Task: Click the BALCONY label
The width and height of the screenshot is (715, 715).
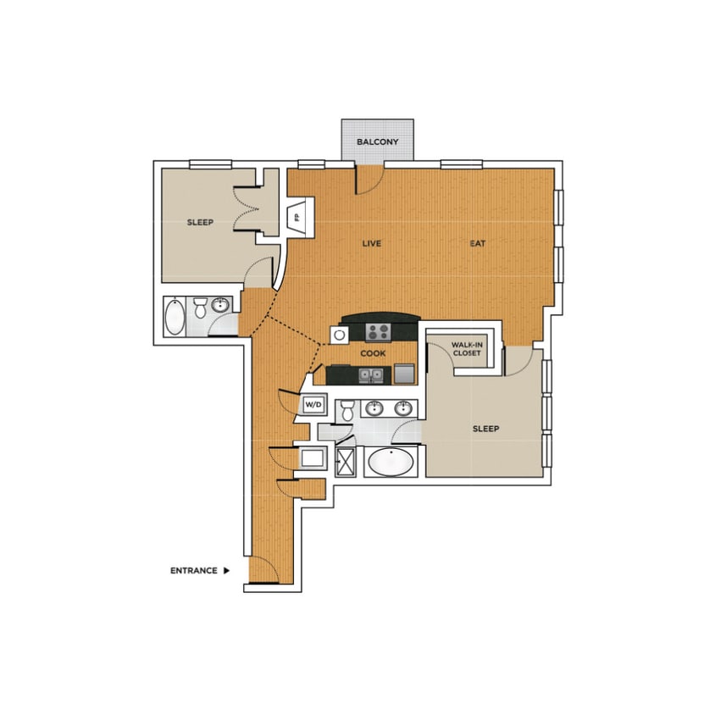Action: pos(377,142)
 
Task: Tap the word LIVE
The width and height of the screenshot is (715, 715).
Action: pos(371,243)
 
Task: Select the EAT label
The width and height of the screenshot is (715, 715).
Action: pos(478,243)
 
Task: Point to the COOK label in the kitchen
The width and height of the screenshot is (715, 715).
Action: pos(374,353)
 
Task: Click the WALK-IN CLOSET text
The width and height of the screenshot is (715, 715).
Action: pos(467,349)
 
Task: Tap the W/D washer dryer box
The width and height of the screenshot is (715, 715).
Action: pos(313,406)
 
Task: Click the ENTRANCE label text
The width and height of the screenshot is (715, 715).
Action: pos(194,571)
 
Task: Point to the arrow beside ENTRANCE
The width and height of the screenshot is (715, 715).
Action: pos(227,571)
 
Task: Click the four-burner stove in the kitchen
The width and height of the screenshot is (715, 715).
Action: pos(378,331)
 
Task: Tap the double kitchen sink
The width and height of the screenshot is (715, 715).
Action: pos(369,374)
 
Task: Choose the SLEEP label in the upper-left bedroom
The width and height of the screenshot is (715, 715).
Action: pos(200,223)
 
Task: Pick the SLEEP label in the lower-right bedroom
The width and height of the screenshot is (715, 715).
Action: pos(485,429)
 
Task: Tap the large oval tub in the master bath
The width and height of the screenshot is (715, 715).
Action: pos(391,463)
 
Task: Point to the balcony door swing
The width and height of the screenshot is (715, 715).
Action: pos(369,180)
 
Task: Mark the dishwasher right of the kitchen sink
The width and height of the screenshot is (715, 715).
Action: pos(404,374)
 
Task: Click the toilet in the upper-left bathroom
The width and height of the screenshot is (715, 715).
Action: pos(200,308)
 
